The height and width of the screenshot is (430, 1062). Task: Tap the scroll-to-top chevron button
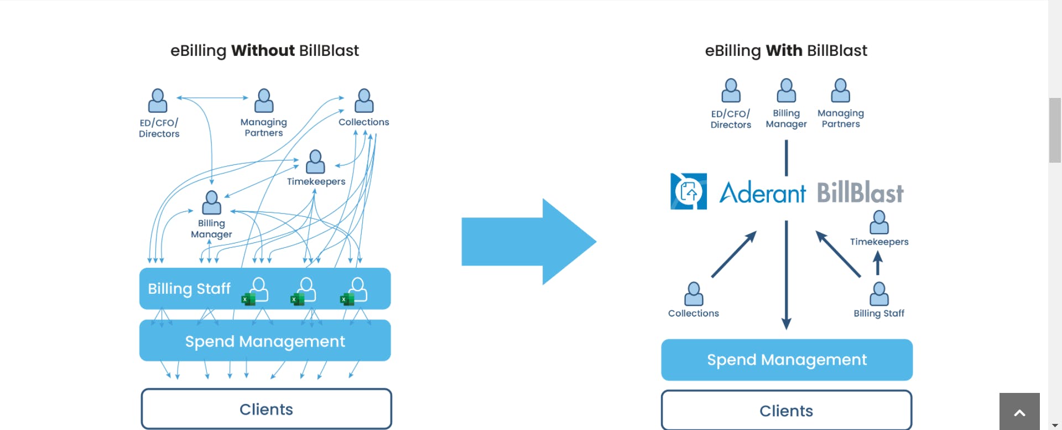click(1019, 412)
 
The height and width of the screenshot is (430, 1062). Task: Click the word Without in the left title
click(263, 50)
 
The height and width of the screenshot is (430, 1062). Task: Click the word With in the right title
click(784, 50)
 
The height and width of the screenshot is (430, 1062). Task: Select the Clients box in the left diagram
click(266, 409)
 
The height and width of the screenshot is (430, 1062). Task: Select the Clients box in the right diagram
click(786, 411)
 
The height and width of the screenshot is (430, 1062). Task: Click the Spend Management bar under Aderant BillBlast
click(787, 360)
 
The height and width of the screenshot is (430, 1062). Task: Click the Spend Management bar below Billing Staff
click(265, 341)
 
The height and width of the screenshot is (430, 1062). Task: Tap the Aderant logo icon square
click(689, 191)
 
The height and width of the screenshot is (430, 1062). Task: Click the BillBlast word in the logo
click(860, 193)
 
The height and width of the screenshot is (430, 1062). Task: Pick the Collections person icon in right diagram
click(694, 294)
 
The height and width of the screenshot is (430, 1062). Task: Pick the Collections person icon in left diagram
click(364, 101)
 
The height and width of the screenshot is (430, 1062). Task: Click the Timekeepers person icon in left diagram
click(315, 161)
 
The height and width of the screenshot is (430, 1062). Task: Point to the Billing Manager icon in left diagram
click(211, 203)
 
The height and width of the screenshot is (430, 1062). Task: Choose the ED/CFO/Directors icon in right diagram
click(731, 90)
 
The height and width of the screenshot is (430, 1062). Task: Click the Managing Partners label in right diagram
click(840, 118)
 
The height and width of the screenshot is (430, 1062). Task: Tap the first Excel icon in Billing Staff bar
click(248, 299)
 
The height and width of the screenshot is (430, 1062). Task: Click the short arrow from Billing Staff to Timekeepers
click(877, 263)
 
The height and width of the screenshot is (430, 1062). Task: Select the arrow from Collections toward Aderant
click(733, 255)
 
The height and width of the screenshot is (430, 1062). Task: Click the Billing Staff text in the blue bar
click(189, 288)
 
